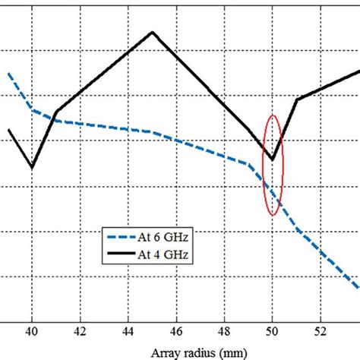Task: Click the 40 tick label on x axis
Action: click(x=31, y=332)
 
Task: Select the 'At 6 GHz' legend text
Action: click(x=160, y=238)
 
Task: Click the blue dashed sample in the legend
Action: click(x=120, y=238)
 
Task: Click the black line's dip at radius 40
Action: click(x=32, y=167)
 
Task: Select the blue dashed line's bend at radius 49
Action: click(x=249, y=163)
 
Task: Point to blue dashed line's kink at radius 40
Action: click(x=32, y=109)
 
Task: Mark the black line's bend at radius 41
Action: click(x=56, y=112)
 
